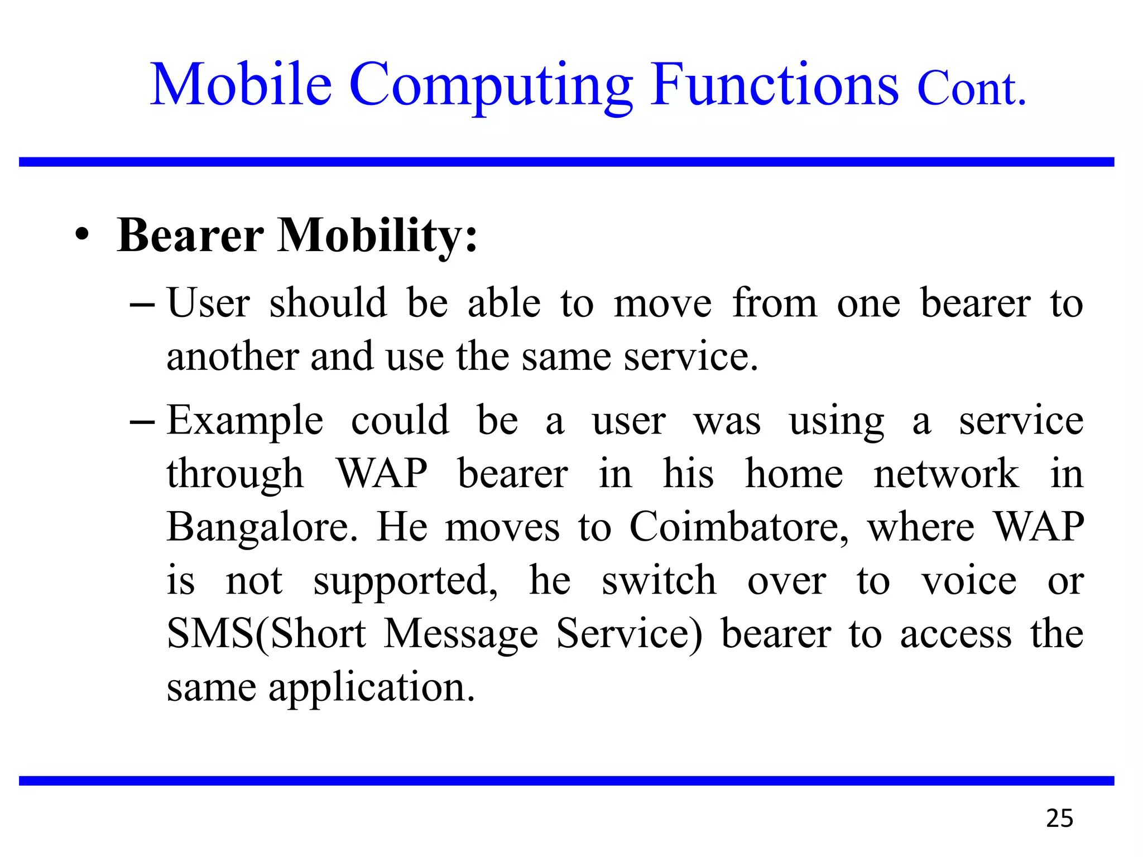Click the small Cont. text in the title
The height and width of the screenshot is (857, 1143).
pyautogui.click(x=971, y=89)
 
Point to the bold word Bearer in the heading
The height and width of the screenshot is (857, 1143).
pyautogui.click(x=190, y=235)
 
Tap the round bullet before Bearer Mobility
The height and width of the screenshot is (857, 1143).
pyautogui.click(x=82, y=235)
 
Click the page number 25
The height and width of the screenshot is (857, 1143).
pyautogui.click(x=1059, y=819)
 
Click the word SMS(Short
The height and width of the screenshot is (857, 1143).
pyautogui.click(x=267, y=634)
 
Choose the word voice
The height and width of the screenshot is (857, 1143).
pyautogui.click(x=969, y=581)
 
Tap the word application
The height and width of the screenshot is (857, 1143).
pyautogui.click(x=372, y=689)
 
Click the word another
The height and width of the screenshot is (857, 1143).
pyautogui.click(x=233, y=357)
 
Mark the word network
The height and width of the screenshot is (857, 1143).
pyautogui.click(x=946, y=474)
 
